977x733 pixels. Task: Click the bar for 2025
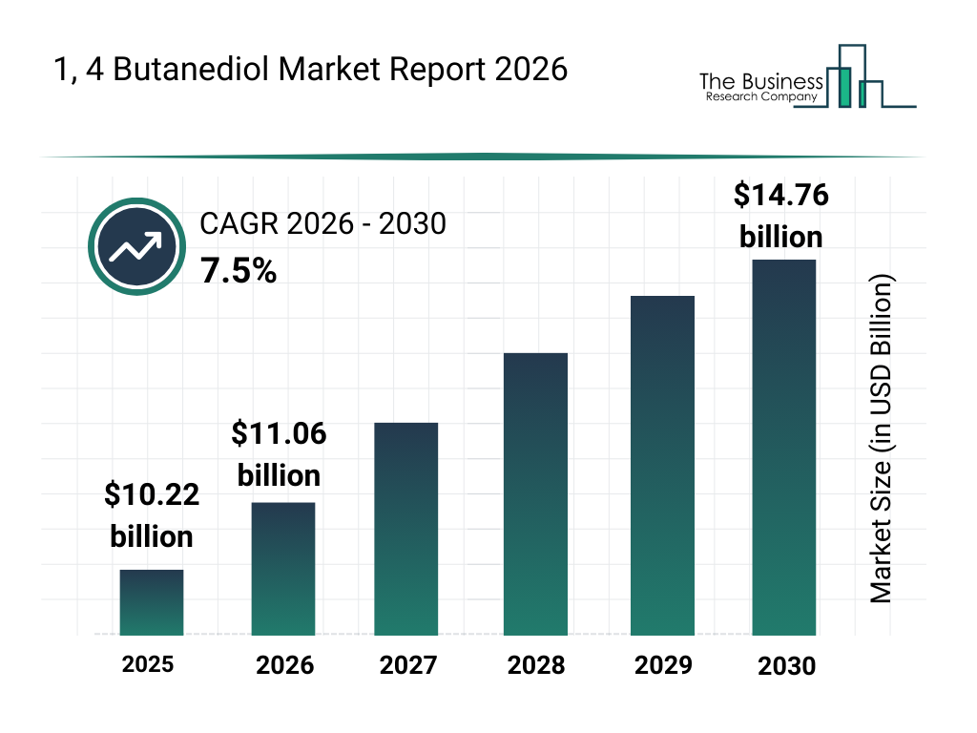(152, 602)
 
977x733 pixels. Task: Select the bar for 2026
(283, 569)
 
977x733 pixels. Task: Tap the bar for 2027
(406, 529)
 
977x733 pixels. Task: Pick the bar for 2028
(535, 493)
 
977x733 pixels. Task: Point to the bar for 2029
(663, 465)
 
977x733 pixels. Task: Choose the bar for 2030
(784, 447)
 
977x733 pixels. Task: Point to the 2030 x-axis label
(787, 666)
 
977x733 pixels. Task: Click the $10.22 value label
(152, 494)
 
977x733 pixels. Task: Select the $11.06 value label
(279, 434)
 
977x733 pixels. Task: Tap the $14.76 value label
(780, 196)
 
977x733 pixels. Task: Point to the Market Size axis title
(881, 439)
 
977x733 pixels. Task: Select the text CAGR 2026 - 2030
(322, 225)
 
